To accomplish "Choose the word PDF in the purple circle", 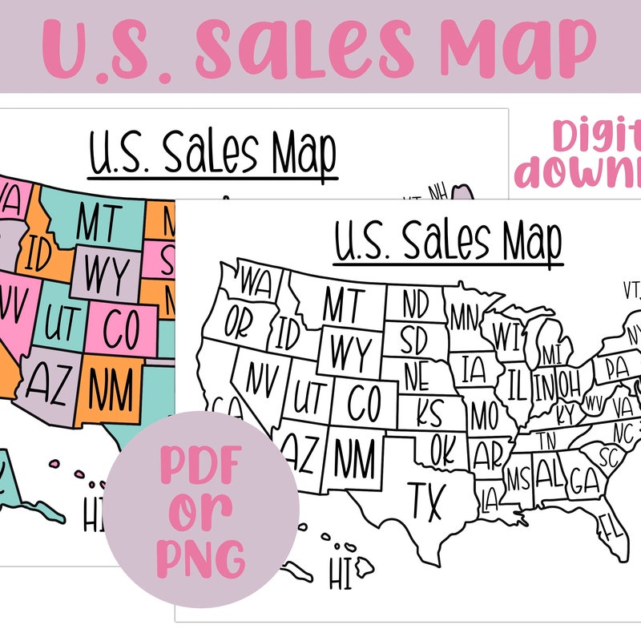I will click(x=201, y=465).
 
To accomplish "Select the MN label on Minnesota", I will click(x=463, y=316).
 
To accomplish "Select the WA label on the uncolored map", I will click(x=256, y=283).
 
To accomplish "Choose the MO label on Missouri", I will click(x=484, y=416).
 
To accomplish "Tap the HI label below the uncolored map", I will click(x=342, y=573).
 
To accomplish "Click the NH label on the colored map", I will click(x=437, y=192).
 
